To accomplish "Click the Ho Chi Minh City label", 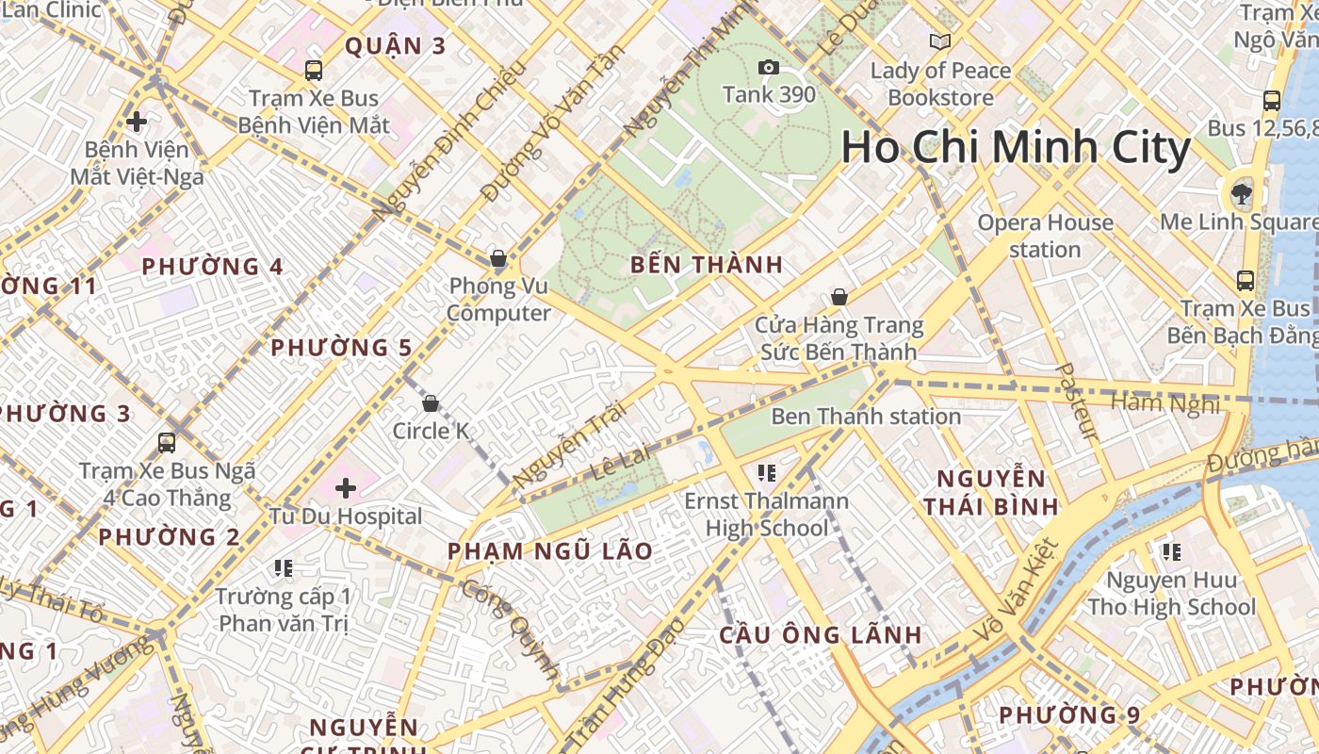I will click(1016, 149).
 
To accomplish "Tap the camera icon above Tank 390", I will click(769, 67).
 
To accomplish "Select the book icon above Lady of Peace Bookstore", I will click(939, 41).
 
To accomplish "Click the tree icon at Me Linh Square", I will click(1241, 194).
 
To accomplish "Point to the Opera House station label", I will click(1045, 236).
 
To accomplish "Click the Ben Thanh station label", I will click(866, 417).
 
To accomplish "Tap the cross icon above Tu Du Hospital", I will click(346, 488).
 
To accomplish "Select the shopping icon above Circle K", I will click(431, 403).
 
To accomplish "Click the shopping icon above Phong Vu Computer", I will click(498, 258).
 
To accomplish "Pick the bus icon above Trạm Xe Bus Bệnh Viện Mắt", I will click(314, 70).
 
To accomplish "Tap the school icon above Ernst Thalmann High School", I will click(767, 472).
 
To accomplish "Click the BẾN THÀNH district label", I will click(707, 265).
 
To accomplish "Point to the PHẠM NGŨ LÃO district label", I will click(549, 551).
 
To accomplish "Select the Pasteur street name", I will click(1077, 402).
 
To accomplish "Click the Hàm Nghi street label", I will click(1165, 403).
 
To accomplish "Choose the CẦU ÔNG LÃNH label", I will click(820, 634).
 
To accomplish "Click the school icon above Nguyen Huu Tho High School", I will click(1171, 551).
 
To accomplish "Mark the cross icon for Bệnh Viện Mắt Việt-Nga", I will click(137, 121).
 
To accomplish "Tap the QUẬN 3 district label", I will click(395, 45).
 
